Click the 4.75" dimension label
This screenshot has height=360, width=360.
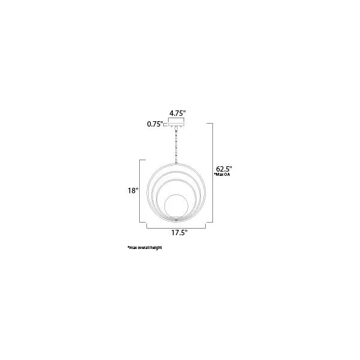click(177, 113)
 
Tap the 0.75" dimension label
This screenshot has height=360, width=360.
click(155, 124)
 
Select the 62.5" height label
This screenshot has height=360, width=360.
click(224, 169)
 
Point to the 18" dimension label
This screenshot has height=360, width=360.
click(133, 191)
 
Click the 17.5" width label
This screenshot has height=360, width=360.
click(179, 233)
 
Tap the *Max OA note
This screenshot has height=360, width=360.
click(222, 175)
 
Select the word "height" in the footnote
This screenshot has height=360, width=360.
click(156, 248)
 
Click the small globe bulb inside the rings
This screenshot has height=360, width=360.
click(176, 206)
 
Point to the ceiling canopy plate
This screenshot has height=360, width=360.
click(176, 125)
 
